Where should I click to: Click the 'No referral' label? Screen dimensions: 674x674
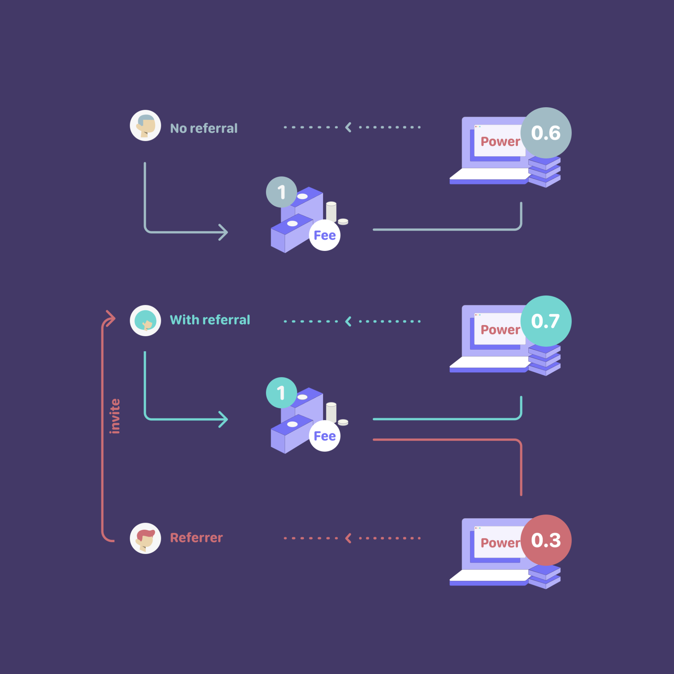(x=204, y=128)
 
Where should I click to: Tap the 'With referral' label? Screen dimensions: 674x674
(x=210, y=320)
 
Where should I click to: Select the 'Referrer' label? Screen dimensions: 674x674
(x=197, y=537)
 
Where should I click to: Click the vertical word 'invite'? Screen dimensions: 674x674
(x=115, y=416)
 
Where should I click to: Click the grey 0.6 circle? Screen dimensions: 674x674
(x=546, y=133)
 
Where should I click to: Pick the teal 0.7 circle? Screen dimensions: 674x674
(x=546, y=321)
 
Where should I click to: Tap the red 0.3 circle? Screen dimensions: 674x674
(x=546, y=540)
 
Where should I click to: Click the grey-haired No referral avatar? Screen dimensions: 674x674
(x=145, y=125)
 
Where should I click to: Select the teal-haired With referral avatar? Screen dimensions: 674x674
(x=145, y=321)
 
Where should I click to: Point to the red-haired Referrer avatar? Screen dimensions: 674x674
(x=145, y=538)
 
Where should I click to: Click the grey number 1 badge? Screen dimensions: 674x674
(x=282, y=192)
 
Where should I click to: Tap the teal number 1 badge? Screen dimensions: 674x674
(x=282, y=393)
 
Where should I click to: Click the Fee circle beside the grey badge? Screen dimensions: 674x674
(x=325, y=235)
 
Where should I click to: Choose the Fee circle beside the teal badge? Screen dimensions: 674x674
(x=325, y=436)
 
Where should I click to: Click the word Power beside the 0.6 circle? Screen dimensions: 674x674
(x=500, y=142)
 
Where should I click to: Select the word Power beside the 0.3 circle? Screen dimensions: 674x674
(x=500, y=543)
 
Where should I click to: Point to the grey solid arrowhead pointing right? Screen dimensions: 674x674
(x=223, y=232)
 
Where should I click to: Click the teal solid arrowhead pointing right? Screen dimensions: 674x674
(x=223, y=419)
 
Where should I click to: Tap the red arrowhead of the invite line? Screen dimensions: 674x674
(x=111, y=319)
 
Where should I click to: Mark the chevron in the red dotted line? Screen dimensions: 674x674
(x=348, y=538)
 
